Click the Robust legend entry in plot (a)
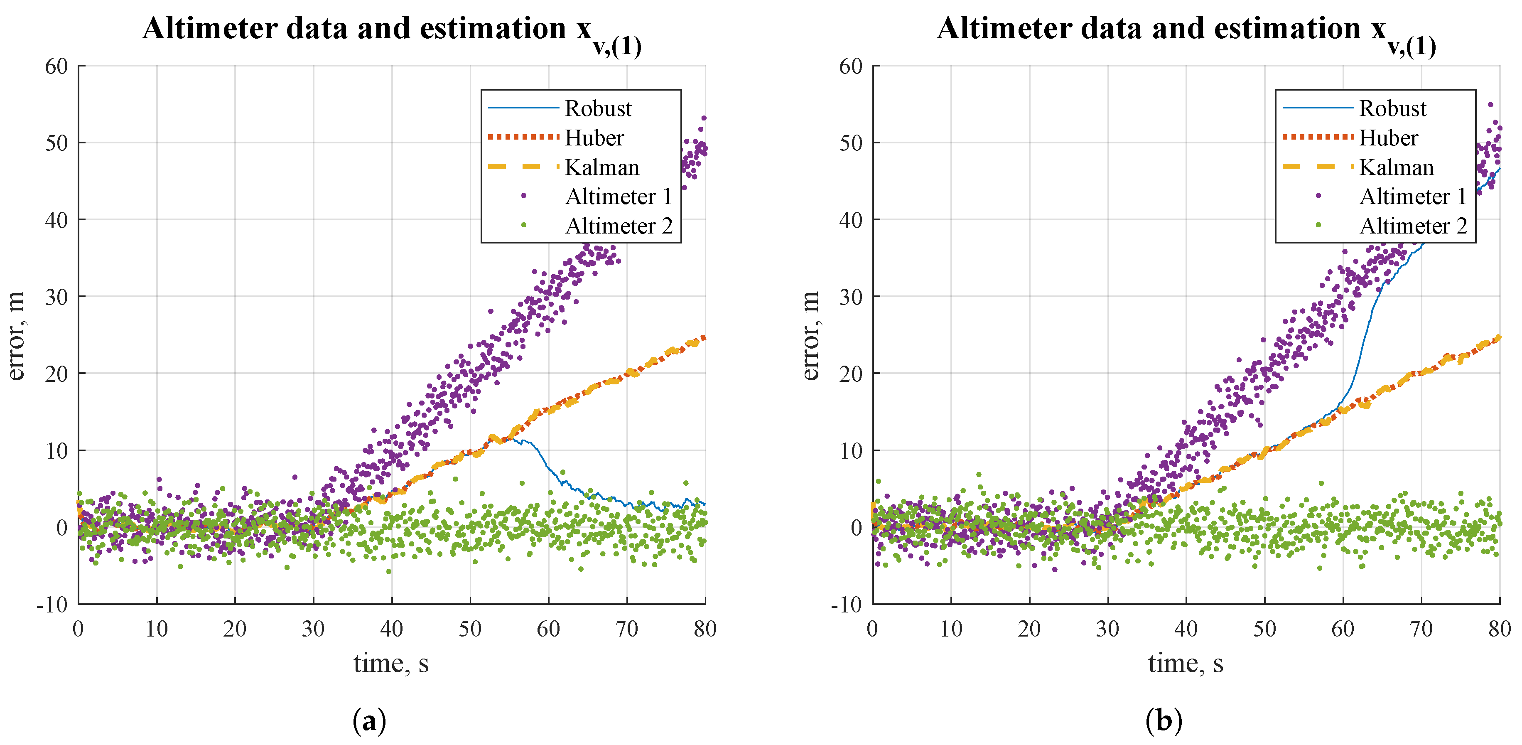tap(597, 109)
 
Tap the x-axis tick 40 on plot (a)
tap(391, 629)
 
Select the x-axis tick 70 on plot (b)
tap(1421, 629)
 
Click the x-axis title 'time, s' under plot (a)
tap(391, 663)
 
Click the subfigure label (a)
tap(369, 721)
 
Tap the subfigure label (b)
tap(1164, 721)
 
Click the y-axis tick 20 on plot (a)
tap(57, 374)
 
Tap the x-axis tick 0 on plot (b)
tap(873, 629)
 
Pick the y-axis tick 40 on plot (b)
tap(851, 220)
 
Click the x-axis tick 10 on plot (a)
tap(157, 629)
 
